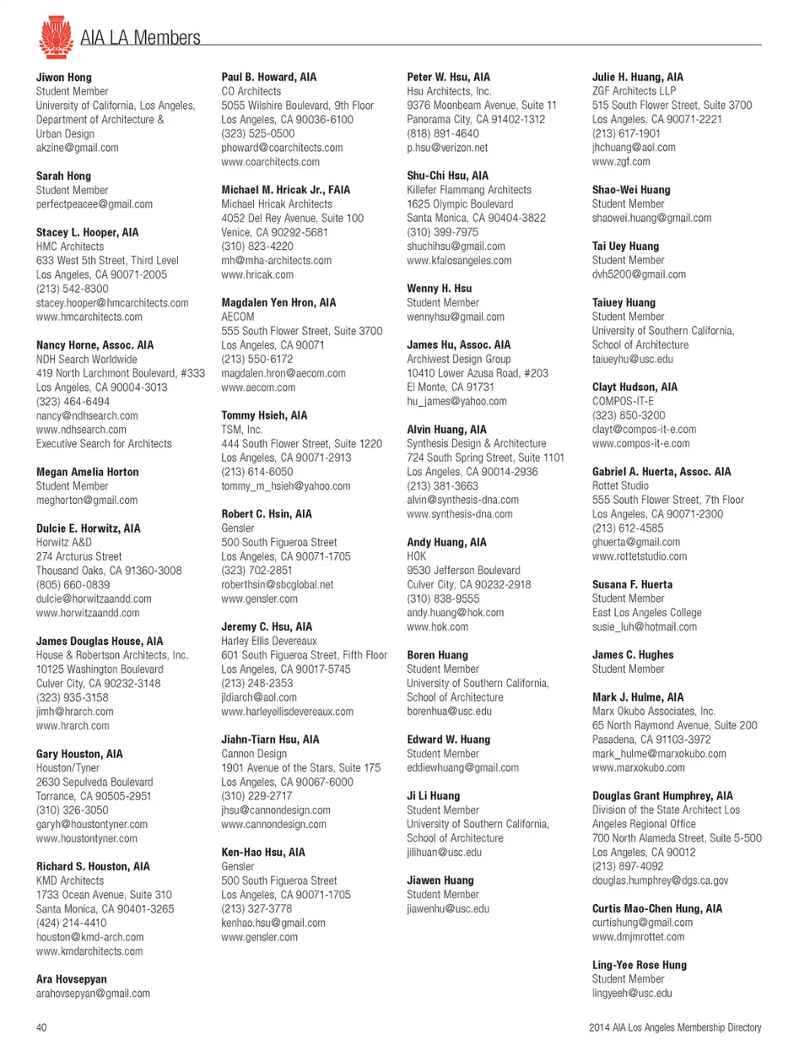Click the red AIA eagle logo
point(56,36)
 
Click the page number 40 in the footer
point(41,1027)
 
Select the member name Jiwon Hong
point(64,77)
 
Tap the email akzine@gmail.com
point(77,148)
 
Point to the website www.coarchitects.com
point(270,162)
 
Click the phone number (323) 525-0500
point(257,133)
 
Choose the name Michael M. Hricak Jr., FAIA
point(285,190)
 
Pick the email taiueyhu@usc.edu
point(632,359)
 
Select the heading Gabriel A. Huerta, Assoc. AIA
point(661,472)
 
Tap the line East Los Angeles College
point(646,613)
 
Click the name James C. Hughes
point(632,655)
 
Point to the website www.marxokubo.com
point(638,768)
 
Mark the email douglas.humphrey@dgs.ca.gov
point(660,880)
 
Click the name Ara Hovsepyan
point(72,979)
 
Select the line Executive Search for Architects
point(104,444)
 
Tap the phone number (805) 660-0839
point(73,584)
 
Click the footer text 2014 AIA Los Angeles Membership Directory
point(675,1027)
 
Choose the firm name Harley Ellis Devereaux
point(269,641)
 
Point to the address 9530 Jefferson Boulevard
point(463,571)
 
